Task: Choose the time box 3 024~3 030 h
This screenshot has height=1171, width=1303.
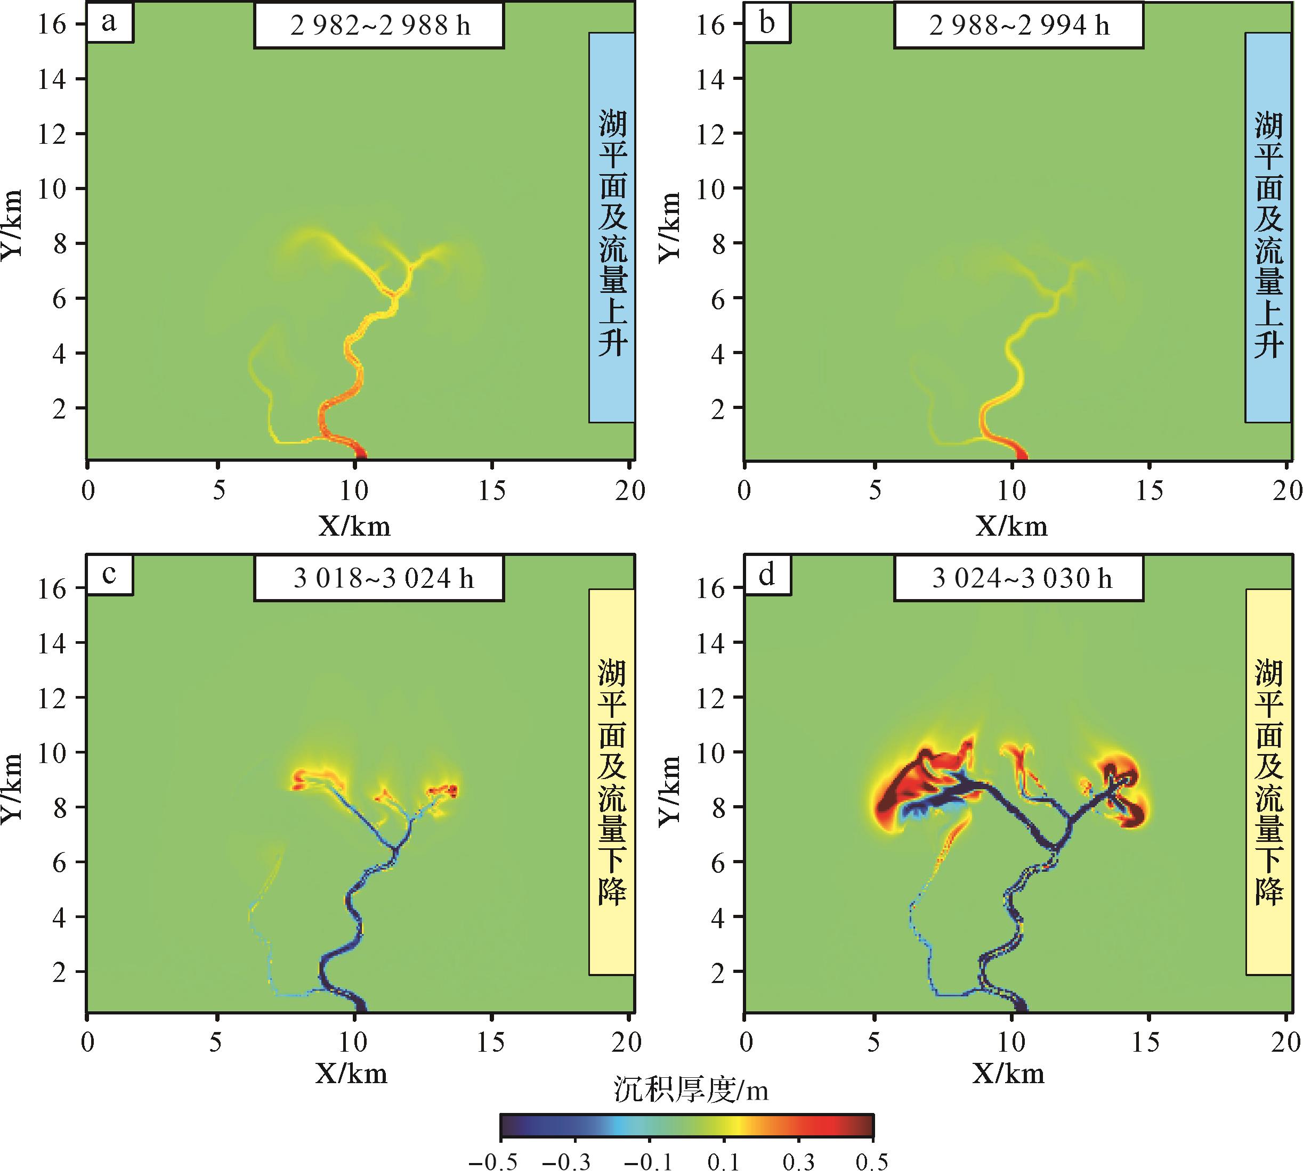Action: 1018,579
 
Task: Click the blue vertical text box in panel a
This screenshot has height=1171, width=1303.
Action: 612,227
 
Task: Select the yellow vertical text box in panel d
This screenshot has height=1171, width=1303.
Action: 1269,782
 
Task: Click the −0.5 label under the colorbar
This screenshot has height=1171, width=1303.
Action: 492,1161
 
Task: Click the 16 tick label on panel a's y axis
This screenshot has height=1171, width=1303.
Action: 52,24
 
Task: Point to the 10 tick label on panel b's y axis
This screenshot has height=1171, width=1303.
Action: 708,189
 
